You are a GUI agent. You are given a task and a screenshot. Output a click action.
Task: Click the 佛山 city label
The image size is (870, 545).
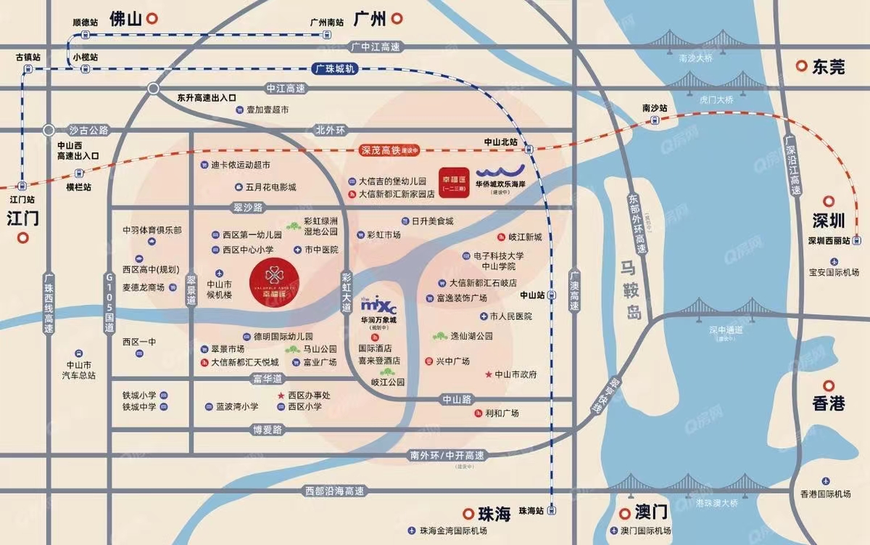click(125, 20)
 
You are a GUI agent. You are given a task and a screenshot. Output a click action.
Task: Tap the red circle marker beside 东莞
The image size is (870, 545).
click(800, 67)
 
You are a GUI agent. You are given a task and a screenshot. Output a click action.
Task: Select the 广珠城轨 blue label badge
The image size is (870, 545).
click(336, 68)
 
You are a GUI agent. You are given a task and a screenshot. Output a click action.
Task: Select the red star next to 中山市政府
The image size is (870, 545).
click(488, 374)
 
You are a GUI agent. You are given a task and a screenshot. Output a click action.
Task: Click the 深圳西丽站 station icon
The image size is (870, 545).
click(857, 240)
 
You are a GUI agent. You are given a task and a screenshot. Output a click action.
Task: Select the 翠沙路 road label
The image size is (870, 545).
click(250, 207)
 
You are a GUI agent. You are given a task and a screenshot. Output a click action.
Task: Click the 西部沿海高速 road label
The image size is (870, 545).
click(334, 491)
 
